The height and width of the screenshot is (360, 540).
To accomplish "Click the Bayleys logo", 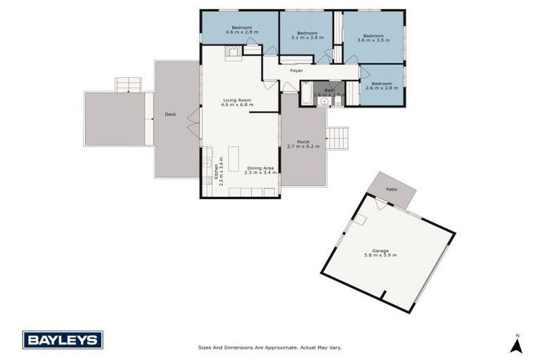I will point(63,340).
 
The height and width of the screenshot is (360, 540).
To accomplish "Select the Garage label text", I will point(380,250).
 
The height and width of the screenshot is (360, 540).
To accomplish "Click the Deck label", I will point(170,114).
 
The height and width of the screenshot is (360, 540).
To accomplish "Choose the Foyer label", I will point(296,71).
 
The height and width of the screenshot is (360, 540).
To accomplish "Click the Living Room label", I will point(237,101).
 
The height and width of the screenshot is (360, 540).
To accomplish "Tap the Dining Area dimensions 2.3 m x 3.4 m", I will point(261,172).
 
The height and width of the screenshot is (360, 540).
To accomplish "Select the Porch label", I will point(303,142).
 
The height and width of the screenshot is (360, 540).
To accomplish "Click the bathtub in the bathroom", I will point(307,94).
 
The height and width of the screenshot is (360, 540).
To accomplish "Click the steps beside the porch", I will point(337,138).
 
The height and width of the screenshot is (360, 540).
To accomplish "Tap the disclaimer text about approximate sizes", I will point(269,347).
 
